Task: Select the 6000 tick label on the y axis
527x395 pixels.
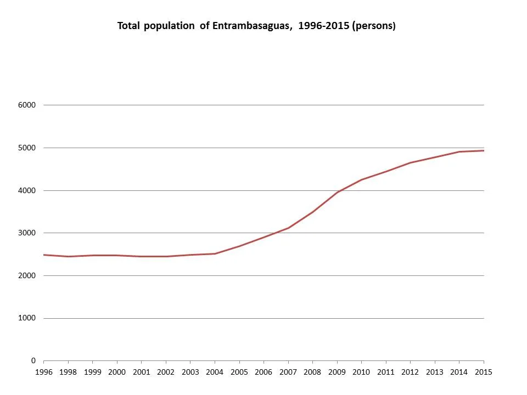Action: coord(27,105)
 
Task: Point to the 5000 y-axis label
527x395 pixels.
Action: coord(27,148)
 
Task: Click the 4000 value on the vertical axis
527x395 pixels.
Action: coord(27,190)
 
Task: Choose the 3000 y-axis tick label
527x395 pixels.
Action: coord(27,233)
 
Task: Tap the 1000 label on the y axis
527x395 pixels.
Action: coord(27,318)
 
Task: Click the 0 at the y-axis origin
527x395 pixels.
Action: coord(33,361)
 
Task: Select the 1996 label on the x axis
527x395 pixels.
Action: coord(44,371)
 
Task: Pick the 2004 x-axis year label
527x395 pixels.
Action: coord(215,371)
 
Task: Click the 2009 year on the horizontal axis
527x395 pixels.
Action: coord(337,371)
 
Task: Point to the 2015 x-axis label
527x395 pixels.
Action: coord(484,371)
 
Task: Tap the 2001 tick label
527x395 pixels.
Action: coord(142,371)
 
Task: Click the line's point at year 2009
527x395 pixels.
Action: coord(337,192)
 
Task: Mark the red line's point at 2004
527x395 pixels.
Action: coord(215,253)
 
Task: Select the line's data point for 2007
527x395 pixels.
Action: coord(288,228)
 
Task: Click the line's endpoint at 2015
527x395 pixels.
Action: coord(484,150)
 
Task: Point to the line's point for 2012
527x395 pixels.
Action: coord(410,162)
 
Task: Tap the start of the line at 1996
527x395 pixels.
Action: coord(44,255)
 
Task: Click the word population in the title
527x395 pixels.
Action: coord(169,26)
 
